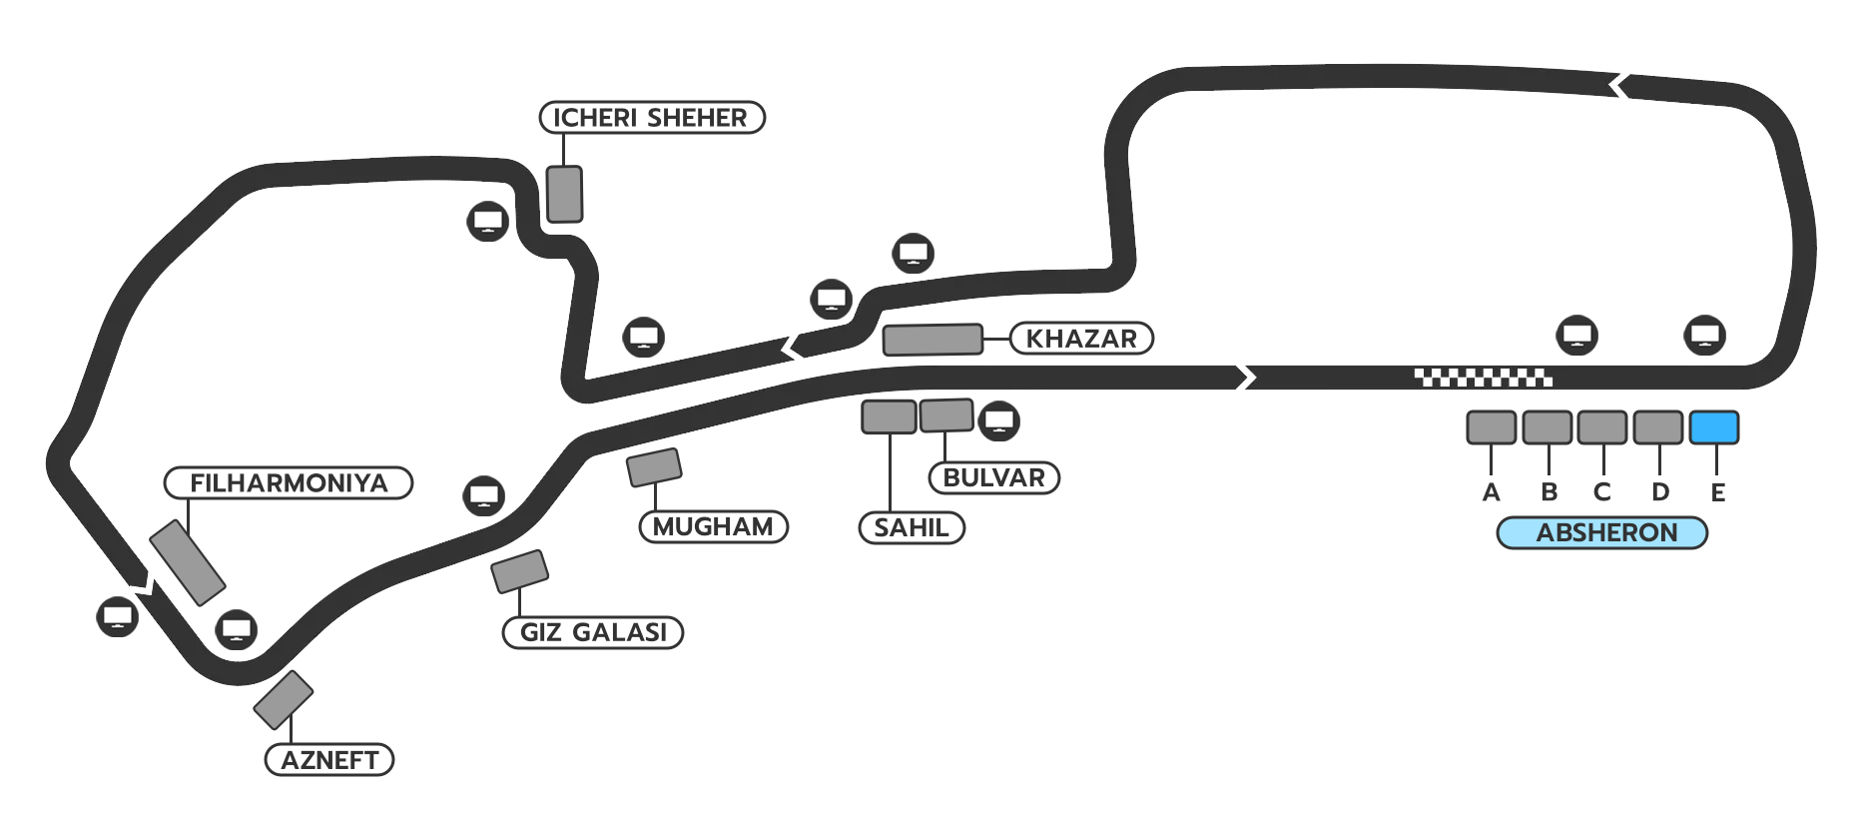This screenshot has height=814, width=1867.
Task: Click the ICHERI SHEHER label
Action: (651, 118)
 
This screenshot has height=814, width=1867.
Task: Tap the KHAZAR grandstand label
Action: (1081, 339)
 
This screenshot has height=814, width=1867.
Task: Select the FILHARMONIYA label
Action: (289, 483)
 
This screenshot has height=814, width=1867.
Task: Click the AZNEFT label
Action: (329, 760)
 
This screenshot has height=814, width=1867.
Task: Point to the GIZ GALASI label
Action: (593, 632)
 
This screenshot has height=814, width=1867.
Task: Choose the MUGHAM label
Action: (713, 526)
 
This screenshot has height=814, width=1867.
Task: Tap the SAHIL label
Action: (912, 527)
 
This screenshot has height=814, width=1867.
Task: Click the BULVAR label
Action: (993, 477)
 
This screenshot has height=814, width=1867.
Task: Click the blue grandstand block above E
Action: (1713, 427)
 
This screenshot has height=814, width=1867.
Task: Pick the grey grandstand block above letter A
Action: (1491, 427)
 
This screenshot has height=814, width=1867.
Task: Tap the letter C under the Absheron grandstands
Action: (1601, 492)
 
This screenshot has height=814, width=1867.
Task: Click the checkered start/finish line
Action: (1483, 378)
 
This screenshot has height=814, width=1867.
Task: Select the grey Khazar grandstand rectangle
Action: (933, 340)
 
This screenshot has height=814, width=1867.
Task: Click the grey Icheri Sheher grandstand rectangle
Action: (564, 194)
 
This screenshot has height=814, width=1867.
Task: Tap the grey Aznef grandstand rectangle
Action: (284, 700)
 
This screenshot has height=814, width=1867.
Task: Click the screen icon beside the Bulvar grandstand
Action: (998, 420)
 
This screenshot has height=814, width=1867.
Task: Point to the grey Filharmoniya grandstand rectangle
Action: (187, 562)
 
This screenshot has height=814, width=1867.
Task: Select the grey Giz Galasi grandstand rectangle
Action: (519, 571)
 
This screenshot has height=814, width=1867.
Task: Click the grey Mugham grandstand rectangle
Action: (654, 467)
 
